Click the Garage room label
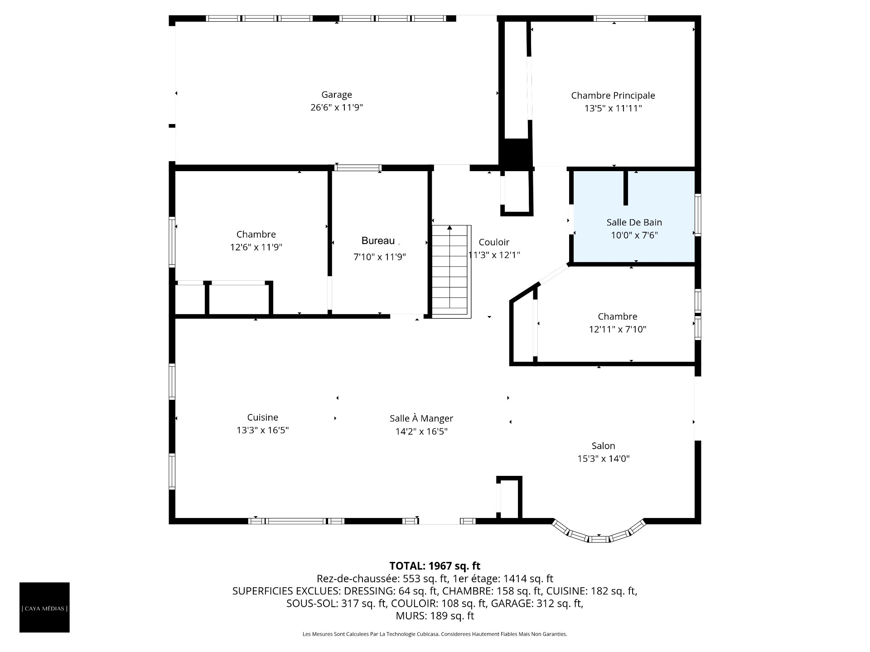click(337, 95)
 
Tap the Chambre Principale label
click(613, 96)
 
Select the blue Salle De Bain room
click(634, 216)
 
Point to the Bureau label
click(378, 241)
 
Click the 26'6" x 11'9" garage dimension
click(337, 108)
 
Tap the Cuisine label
click(263, 417)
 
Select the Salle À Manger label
click(421, 419)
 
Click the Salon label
click(603, 446)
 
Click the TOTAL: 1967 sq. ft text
click(435, 566)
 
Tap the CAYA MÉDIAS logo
click(44, 607)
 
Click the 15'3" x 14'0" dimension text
click(603, 459)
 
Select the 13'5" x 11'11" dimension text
click(613, 108)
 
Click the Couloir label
click(494, 242)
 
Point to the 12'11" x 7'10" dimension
click(618, 330)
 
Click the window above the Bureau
click(358, 168)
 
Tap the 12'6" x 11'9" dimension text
click(256, 247)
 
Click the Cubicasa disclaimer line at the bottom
click(435, 634)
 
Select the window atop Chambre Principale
click(621, 19)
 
